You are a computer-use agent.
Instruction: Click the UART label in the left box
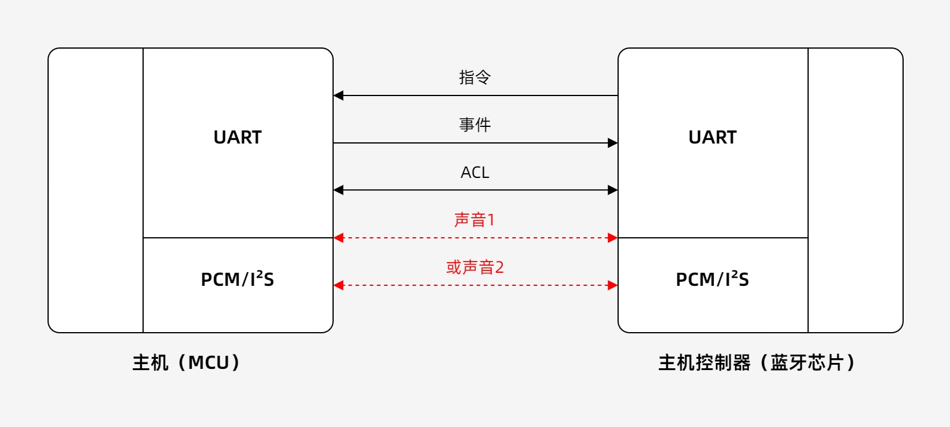[237, 137]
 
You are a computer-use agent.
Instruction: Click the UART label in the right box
[712, 137]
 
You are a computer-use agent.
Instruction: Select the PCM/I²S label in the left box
[237, 279]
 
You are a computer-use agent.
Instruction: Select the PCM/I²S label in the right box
[712, 279]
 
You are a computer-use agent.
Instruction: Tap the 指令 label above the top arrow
[475, 77]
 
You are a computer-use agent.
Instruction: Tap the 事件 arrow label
[475, 125]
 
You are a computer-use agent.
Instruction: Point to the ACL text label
[475, 173]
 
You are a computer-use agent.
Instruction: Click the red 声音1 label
[474, 220]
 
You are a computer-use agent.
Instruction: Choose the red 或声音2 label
[475, 267]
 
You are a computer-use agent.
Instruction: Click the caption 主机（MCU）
[186, 362]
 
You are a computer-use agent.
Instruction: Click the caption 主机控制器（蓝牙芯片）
[757, 362]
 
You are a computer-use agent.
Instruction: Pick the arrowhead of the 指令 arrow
[338, 95]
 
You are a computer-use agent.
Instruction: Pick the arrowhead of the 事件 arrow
[613, 143]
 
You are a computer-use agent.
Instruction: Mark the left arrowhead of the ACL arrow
[338, 190]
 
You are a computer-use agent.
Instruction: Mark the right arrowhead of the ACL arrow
[613, 190]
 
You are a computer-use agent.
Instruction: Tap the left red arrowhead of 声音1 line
[338, 238]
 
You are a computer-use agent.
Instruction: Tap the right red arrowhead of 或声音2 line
[613, 285]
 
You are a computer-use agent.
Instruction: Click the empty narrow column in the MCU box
[96, 190]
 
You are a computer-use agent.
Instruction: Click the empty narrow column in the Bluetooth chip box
[855, 190]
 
